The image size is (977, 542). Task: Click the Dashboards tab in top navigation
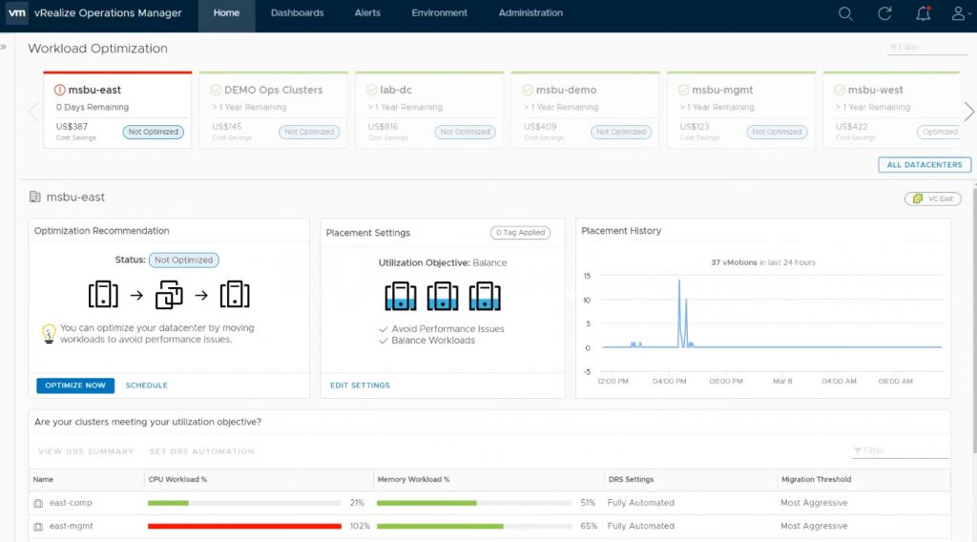tap(297, 13)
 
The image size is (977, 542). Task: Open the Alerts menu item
tap(367, 13)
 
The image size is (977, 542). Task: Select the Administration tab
tap(530, 13)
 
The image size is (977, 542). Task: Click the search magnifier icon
tap(845, 13)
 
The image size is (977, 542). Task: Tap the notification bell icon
tap(923, 13)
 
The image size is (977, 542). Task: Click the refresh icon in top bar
tap(884, 13)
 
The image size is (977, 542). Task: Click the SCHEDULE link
tap(147, 386)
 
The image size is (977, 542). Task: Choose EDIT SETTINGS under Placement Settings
tap(360, 386)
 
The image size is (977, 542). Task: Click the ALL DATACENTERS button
tap(925, 165)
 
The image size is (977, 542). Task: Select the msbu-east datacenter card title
tap(94, 90)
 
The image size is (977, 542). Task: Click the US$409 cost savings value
tap(540, 126)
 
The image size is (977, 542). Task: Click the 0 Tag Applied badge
tap(520, 233)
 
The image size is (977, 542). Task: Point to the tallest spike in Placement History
tap(679, 281)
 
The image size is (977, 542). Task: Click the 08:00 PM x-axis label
tap(726, 381)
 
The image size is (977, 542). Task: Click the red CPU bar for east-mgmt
tap(244, 526)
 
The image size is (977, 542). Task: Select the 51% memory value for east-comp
tap(588, 503)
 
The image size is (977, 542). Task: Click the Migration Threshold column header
tap(816, 479)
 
